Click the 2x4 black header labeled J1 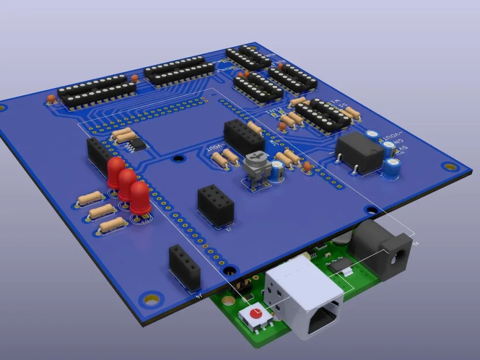pos(216,205)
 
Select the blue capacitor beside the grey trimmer pos(277,171)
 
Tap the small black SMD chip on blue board pos(137,144)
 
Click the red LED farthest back pos(116,173)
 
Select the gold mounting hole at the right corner pos(450,167)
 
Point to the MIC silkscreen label pos(275,143)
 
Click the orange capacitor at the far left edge pos(50,99)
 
